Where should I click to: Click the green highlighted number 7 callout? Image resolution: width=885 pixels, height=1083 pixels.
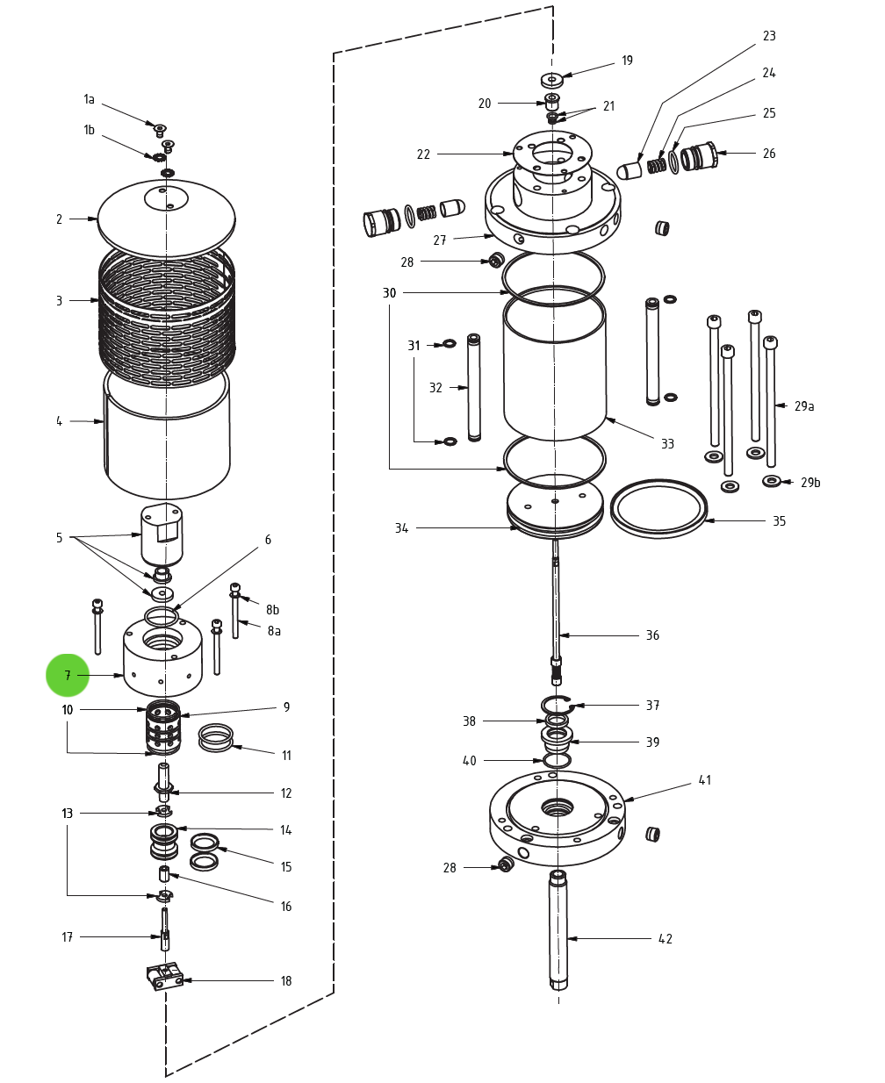(x=68, y=676)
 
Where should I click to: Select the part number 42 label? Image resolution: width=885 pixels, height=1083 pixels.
(x=666, y=939)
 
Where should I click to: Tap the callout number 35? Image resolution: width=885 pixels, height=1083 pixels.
(x=779, y=521)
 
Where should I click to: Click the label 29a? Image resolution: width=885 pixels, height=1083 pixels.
(x=803, y=406)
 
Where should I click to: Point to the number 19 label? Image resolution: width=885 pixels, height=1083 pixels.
(x=627, y=61)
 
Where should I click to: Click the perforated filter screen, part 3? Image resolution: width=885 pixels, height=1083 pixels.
(x=166, y=316)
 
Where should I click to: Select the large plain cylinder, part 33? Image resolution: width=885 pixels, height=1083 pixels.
(x=554, y=369)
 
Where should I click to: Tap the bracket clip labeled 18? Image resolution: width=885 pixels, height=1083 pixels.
(x=164, y=976)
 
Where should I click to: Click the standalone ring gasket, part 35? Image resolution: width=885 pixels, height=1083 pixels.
(x=658, y=508)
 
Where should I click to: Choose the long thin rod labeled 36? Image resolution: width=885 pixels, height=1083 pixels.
(x=556, y=606)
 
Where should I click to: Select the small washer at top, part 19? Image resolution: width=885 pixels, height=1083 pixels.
(x=551, y=80)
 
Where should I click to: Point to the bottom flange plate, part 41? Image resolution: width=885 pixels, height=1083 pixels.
(x=557, y=816)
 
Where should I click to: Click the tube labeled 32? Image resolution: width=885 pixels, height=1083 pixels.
(x=474, y=387)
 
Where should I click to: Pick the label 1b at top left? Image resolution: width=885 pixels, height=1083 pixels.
(x=89, y=130)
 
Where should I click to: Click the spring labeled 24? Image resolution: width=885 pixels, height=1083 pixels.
(x=656, y=164)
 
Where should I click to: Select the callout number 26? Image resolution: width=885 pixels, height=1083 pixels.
(x=768, y=154)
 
